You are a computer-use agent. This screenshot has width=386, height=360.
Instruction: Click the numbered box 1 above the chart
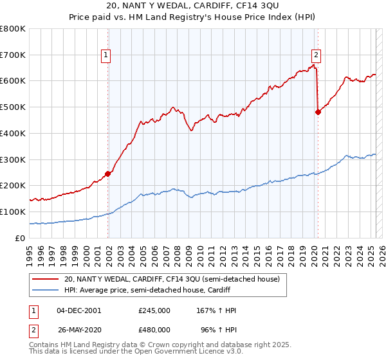click(106, 55)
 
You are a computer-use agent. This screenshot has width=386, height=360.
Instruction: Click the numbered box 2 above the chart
click(317, 55)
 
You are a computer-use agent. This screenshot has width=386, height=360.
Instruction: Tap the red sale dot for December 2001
click(108, 173)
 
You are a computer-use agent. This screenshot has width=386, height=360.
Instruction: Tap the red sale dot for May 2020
click(318, 112)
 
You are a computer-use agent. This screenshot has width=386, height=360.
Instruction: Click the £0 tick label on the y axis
click(20, 238)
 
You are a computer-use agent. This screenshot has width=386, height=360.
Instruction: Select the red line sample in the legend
click(46, 280)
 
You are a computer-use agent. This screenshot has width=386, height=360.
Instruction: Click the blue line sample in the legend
click(46, 291)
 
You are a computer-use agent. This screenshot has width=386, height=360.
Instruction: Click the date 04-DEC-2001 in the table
click(79, 310)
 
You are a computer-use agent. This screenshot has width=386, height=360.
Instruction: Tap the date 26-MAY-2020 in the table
click(79, 329)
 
